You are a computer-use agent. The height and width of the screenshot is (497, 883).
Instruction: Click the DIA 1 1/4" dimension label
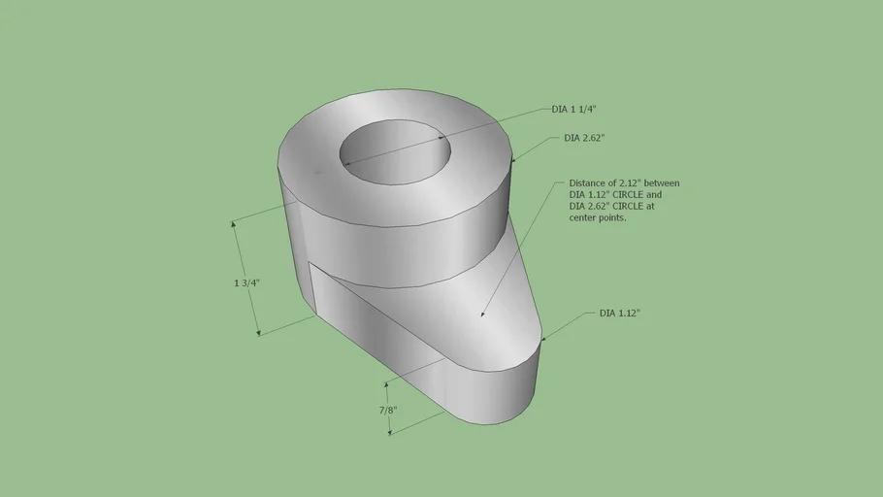click(x=573, y=110)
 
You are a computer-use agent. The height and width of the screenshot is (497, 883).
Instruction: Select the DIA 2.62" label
click(x=584, y=138)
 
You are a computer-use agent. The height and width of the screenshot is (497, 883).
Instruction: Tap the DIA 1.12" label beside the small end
click(x=619, y=314)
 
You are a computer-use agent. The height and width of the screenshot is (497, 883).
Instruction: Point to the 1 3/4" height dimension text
click(x=246, y=282)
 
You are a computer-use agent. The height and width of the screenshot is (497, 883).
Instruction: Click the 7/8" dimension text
click(x=388, y=411)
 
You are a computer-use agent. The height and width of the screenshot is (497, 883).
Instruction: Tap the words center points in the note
click(x=598, y=217)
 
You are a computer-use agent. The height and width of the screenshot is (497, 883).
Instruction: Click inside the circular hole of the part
click(x=395, y=151)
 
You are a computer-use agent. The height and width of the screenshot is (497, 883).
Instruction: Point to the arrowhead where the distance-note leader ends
click(x=482, y=314)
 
